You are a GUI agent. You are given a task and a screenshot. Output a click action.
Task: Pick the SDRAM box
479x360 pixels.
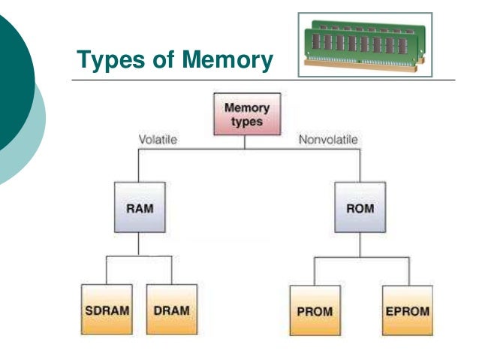point(106,309)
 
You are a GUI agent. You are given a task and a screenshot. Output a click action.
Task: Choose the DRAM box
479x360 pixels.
point(172,309)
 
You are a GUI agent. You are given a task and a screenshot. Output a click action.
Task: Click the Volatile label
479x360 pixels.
point(158,140)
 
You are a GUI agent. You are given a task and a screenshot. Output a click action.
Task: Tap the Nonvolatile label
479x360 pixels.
point(328,140)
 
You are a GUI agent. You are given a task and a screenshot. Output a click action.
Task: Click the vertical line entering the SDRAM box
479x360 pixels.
point(106,271)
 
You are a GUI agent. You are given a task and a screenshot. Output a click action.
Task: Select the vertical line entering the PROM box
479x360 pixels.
point(315,271)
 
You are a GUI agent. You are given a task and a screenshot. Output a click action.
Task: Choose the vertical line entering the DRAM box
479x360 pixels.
point(172,271)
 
